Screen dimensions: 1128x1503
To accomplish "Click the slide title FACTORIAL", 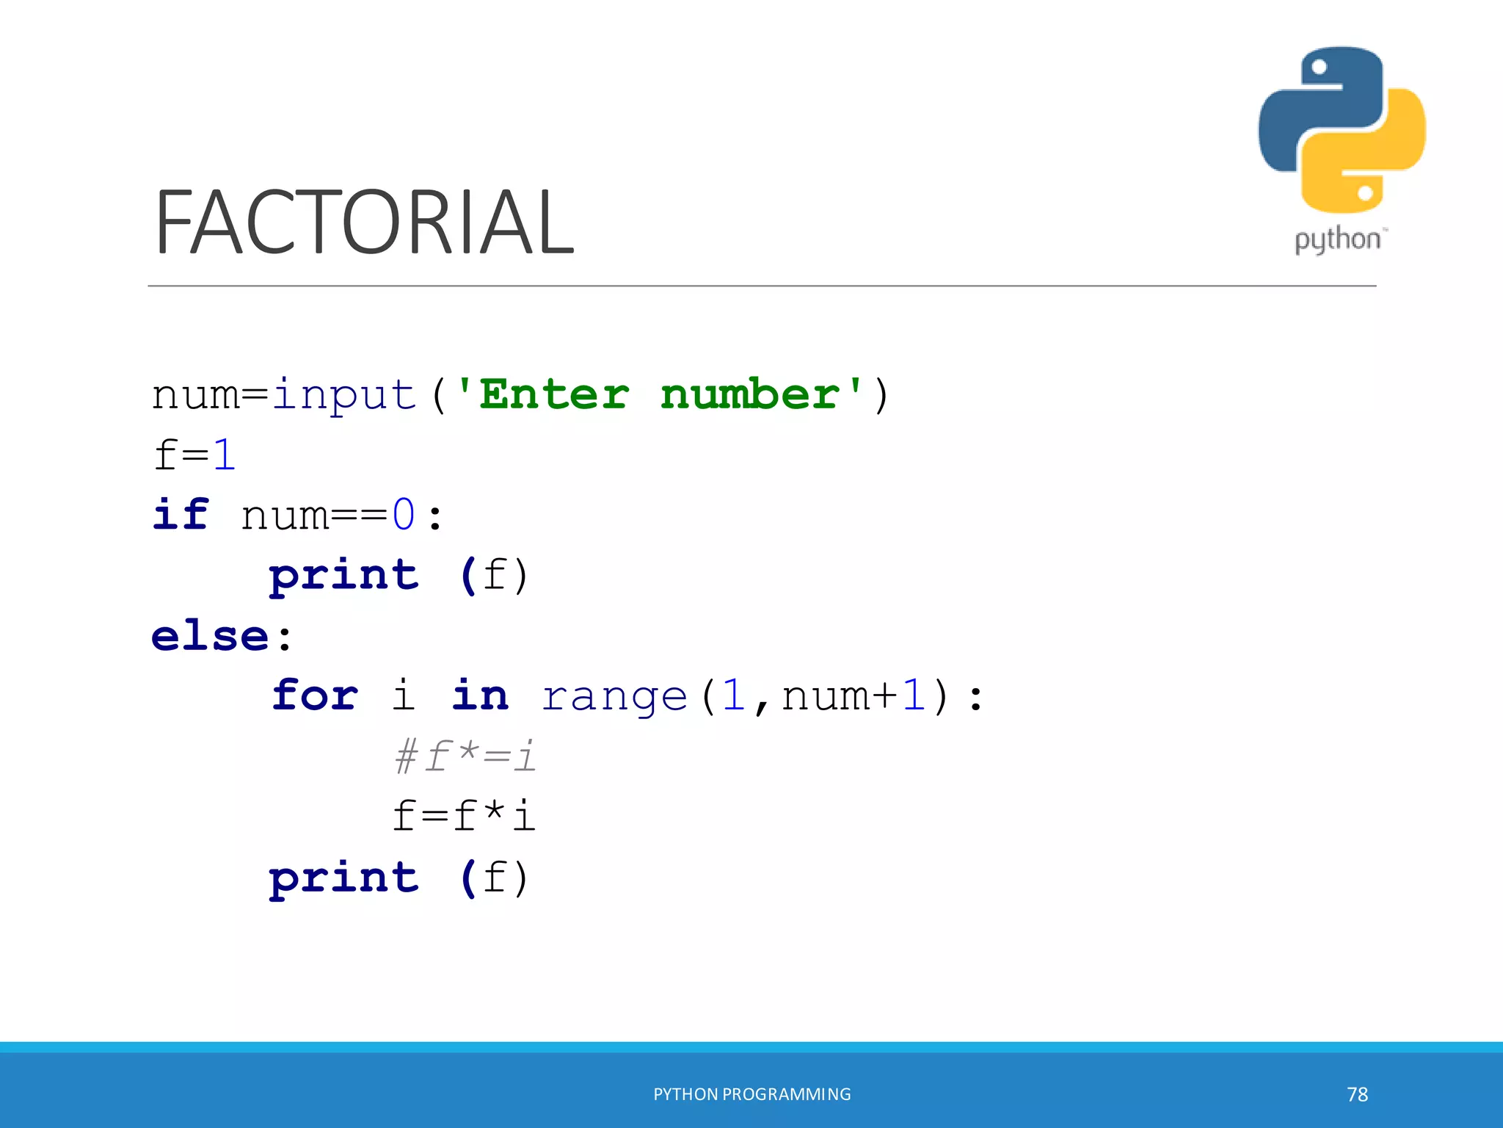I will click(364, 222).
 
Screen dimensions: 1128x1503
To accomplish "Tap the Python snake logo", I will click(1342, 130).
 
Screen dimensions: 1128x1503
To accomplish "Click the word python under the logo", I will click(1337, 240).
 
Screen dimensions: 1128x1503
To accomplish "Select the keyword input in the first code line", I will click(344, 395).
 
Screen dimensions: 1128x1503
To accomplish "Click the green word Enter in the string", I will click(554, 395).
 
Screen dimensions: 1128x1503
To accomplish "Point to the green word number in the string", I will click(749, 395).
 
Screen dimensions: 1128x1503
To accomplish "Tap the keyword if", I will click(181, 514).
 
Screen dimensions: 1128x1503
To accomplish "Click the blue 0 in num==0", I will click(404, 515).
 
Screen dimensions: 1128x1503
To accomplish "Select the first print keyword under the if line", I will click(343, 575).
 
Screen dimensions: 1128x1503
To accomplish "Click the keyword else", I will click(211, 635).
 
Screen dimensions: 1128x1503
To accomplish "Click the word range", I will click(614, 696).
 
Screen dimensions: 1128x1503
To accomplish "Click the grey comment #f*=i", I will click(465, 756).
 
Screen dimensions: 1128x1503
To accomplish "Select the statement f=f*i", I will click(464, 816).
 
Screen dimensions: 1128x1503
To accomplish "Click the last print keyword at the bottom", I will click(343, 878).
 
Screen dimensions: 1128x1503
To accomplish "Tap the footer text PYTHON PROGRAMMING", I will click(752, 1094).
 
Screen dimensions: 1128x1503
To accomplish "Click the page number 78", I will click(1357, 1094).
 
